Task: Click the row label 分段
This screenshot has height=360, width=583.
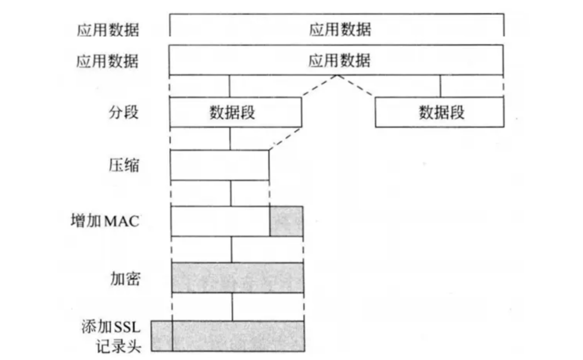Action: click(x=124, y=112)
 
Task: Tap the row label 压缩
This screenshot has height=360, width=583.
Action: click(x=124, y=165)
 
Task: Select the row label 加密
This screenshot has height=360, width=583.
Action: click(x=125, y=279)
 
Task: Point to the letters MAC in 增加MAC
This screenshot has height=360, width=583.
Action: click(x=121, y=221)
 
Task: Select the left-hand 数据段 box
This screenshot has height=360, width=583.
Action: click(x=236, y=112)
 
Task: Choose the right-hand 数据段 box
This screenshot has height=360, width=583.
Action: click(x=440, y=112)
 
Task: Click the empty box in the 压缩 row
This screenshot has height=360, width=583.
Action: click(x=219, y=165)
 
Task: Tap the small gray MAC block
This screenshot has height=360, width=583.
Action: click(x=286, y=221)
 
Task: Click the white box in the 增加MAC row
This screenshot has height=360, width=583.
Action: click(x=220, y=221)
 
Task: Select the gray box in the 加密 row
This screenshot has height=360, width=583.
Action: click(x=237, y=278)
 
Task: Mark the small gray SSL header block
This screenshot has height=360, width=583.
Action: click(x=162, y=336)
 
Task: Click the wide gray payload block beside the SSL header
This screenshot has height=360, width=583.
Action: click(x=238, y=336)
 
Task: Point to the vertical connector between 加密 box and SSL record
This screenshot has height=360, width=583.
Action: click(x=232, y=307)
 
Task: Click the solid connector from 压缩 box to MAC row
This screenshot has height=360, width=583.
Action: click(x=231, y=193)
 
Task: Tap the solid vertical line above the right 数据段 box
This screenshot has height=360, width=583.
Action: click(x=440, y=86)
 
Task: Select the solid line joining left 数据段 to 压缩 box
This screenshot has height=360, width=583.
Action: click(x=230, y=139)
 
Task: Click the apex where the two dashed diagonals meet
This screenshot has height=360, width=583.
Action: click(x=337, y=76)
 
